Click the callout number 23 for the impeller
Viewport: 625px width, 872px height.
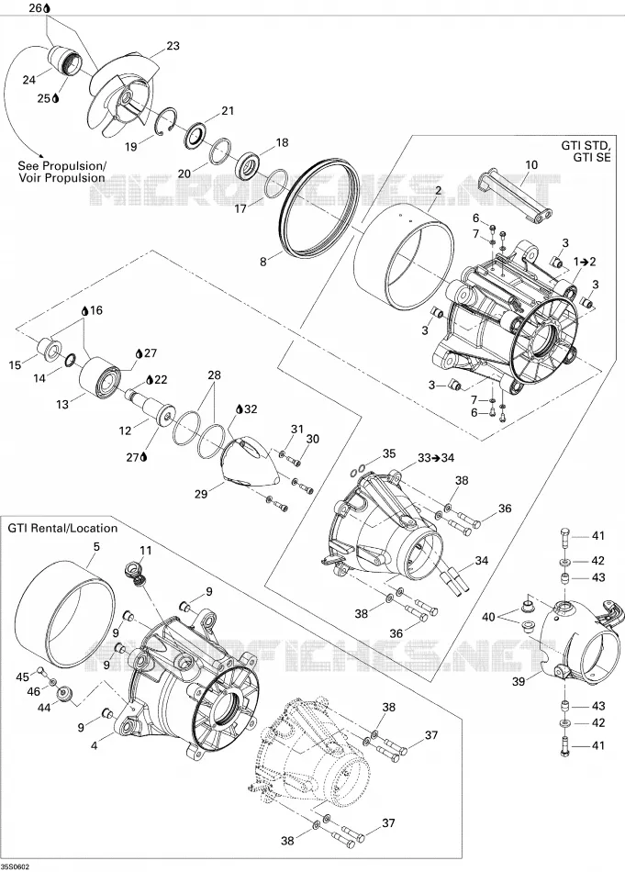(x=173, y=46)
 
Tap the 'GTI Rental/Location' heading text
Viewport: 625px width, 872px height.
(x=62, y=528)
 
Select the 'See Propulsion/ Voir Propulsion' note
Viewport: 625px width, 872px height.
(x=61, y=172)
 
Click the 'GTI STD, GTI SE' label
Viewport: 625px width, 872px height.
(x=586, y=151)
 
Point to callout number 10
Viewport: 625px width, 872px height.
(x=531, y=164)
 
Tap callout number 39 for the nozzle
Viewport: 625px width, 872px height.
(x=518, y=681)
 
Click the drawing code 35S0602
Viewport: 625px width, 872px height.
(x=16, y=866)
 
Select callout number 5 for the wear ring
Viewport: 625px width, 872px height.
(x=96, y=547)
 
